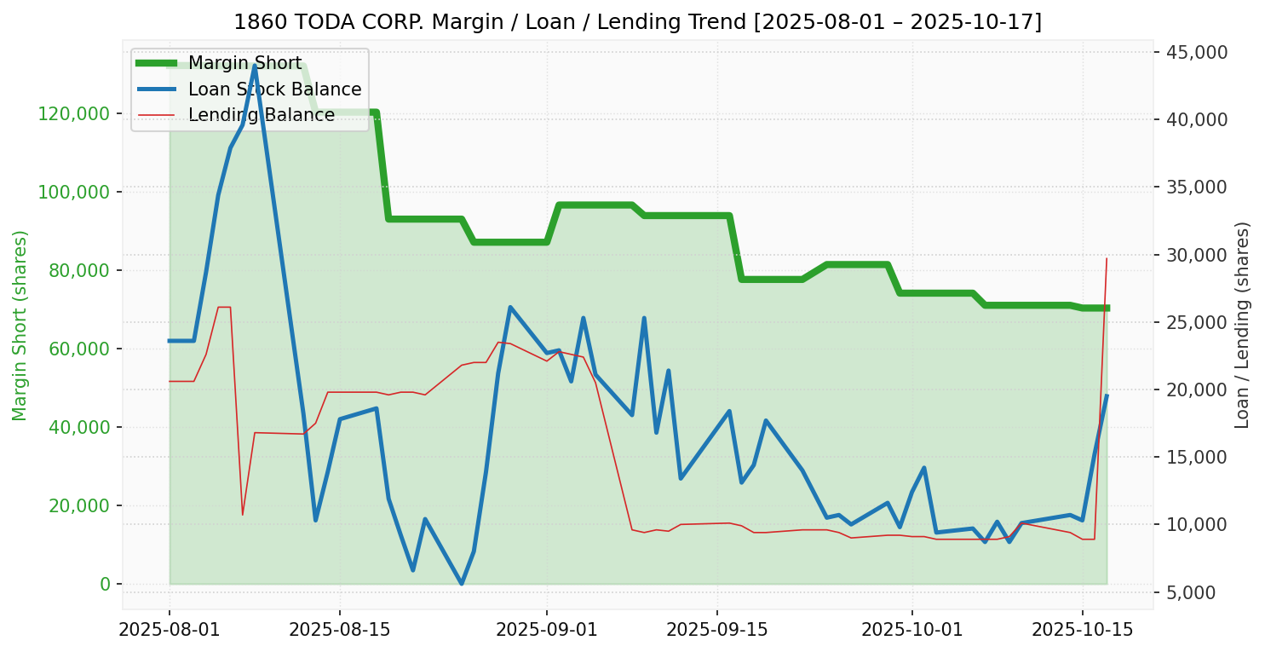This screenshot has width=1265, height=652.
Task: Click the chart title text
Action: click(x=637, y=21)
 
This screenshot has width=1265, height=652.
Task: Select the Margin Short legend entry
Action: click(x=244, y=64)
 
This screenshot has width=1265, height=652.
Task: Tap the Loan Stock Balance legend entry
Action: click(x=274, y=89)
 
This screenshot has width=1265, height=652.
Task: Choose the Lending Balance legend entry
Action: click(x=261, y=115)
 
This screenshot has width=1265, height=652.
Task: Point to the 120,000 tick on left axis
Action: click(x=74, y=114)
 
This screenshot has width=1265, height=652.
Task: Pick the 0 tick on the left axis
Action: click(x=106, y=585)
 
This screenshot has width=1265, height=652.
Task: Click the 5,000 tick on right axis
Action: click(x=1202, y=593)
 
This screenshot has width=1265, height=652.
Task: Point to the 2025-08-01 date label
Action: click(x=170, y=630)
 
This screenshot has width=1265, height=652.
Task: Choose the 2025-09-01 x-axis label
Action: click(x=546, y=630)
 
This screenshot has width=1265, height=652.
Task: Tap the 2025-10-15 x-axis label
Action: click(x=1082, y=630)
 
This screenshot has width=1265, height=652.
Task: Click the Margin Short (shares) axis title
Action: click(x=20, y=326)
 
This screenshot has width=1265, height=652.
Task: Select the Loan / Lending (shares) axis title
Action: click(x=1242, y=325)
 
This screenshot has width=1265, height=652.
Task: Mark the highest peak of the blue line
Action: click(x=255, y=66)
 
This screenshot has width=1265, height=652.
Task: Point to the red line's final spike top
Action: click(x=1107, y=257)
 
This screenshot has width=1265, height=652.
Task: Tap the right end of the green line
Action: click(x=1107, y=308)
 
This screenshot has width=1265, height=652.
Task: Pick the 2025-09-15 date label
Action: click(x=716, y=630)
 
